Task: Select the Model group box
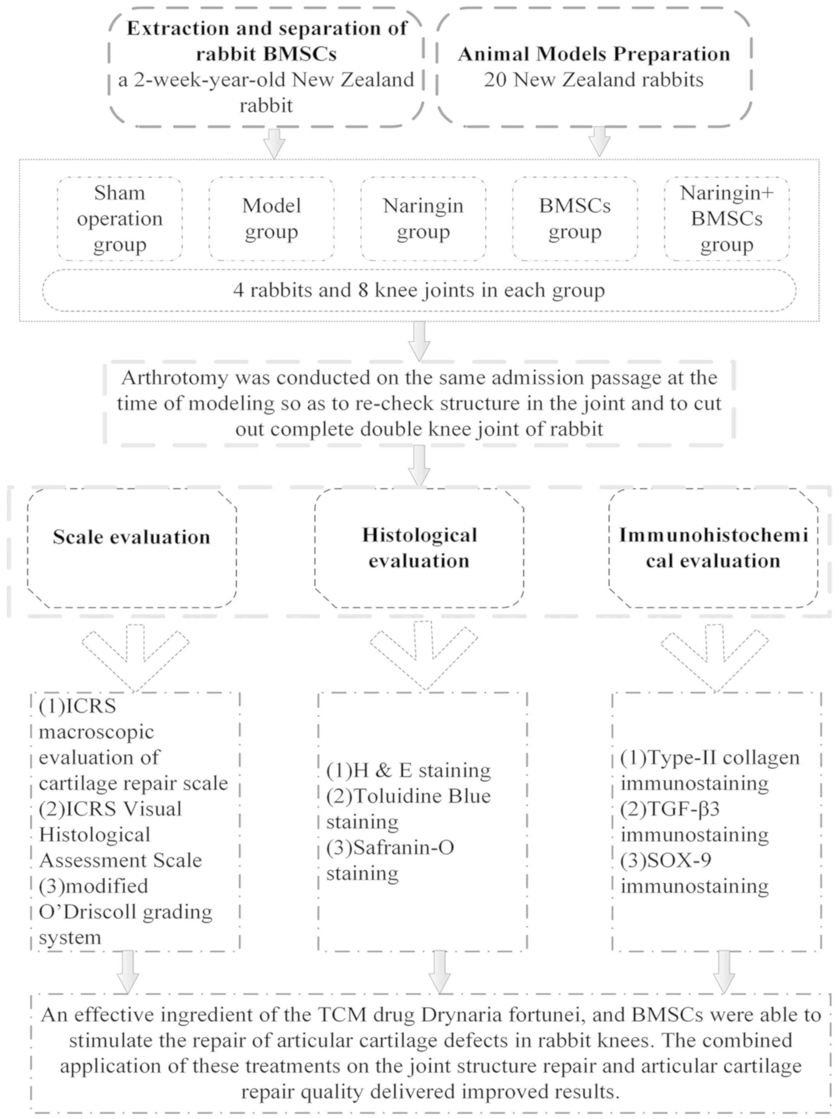click(271, 218)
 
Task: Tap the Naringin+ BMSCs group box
click(726, 218)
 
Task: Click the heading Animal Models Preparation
click(594, 54)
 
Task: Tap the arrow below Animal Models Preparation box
click(600, 141)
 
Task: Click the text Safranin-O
click(403, 847)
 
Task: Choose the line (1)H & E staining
click(408, 770)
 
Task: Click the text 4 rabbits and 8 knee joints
click(419, 290)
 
